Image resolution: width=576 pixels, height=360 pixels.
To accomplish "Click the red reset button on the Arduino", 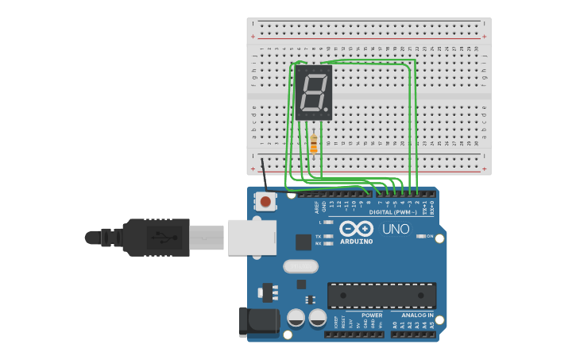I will click(x=265, y=202).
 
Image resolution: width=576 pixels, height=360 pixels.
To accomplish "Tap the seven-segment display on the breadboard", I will click(x=314, y=93).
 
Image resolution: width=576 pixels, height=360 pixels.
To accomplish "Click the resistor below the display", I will click(x=314, y=145).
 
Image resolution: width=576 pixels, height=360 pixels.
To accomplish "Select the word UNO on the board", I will click(x=396, y=230).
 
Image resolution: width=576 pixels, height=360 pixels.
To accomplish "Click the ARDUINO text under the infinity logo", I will click(x=356, y=242).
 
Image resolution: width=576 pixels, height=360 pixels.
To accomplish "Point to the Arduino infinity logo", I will click(x=356, y=229).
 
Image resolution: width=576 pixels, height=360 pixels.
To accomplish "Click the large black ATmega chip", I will click(x=381, y=295).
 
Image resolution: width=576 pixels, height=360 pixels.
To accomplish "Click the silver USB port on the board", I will click(x=251, y=238).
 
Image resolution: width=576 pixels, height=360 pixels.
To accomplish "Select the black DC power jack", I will click(x=258, y=321).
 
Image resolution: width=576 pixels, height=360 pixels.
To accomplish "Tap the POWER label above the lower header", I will click(x=372, y=315).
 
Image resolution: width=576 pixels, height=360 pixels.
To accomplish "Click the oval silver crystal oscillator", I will click(x=300, y=266).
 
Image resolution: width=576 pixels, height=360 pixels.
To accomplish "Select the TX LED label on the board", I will click(x=319, y=236).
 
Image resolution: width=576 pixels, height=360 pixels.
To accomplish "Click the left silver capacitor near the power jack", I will click(x=296, y=318).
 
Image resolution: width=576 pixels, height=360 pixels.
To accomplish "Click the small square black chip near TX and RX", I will click(x=303, y=242).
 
